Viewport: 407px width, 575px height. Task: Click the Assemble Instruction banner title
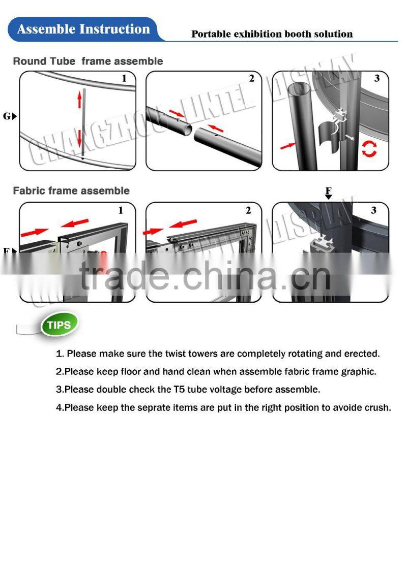(83, 29)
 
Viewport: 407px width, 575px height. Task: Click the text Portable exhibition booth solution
(272, 34)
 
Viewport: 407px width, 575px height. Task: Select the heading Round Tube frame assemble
(88, 61)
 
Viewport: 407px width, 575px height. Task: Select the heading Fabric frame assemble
(71, 191)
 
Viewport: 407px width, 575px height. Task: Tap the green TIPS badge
(60, 324)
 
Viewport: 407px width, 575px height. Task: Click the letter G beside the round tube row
(7, 116)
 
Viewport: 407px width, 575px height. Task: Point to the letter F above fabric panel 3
(329, 191)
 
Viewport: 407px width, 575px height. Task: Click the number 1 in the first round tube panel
(124, 79)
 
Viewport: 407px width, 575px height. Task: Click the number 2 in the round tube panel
(251, 79)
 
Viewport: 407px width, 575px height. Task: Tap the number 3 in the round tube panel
(376, 79)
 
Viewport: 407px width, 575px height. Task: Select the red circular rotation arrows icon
(369, 149)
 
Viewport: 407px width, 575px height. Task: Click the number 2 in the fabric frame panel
(248, 210)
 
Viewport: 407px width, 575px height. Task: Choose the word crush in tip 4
(379, 407)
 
